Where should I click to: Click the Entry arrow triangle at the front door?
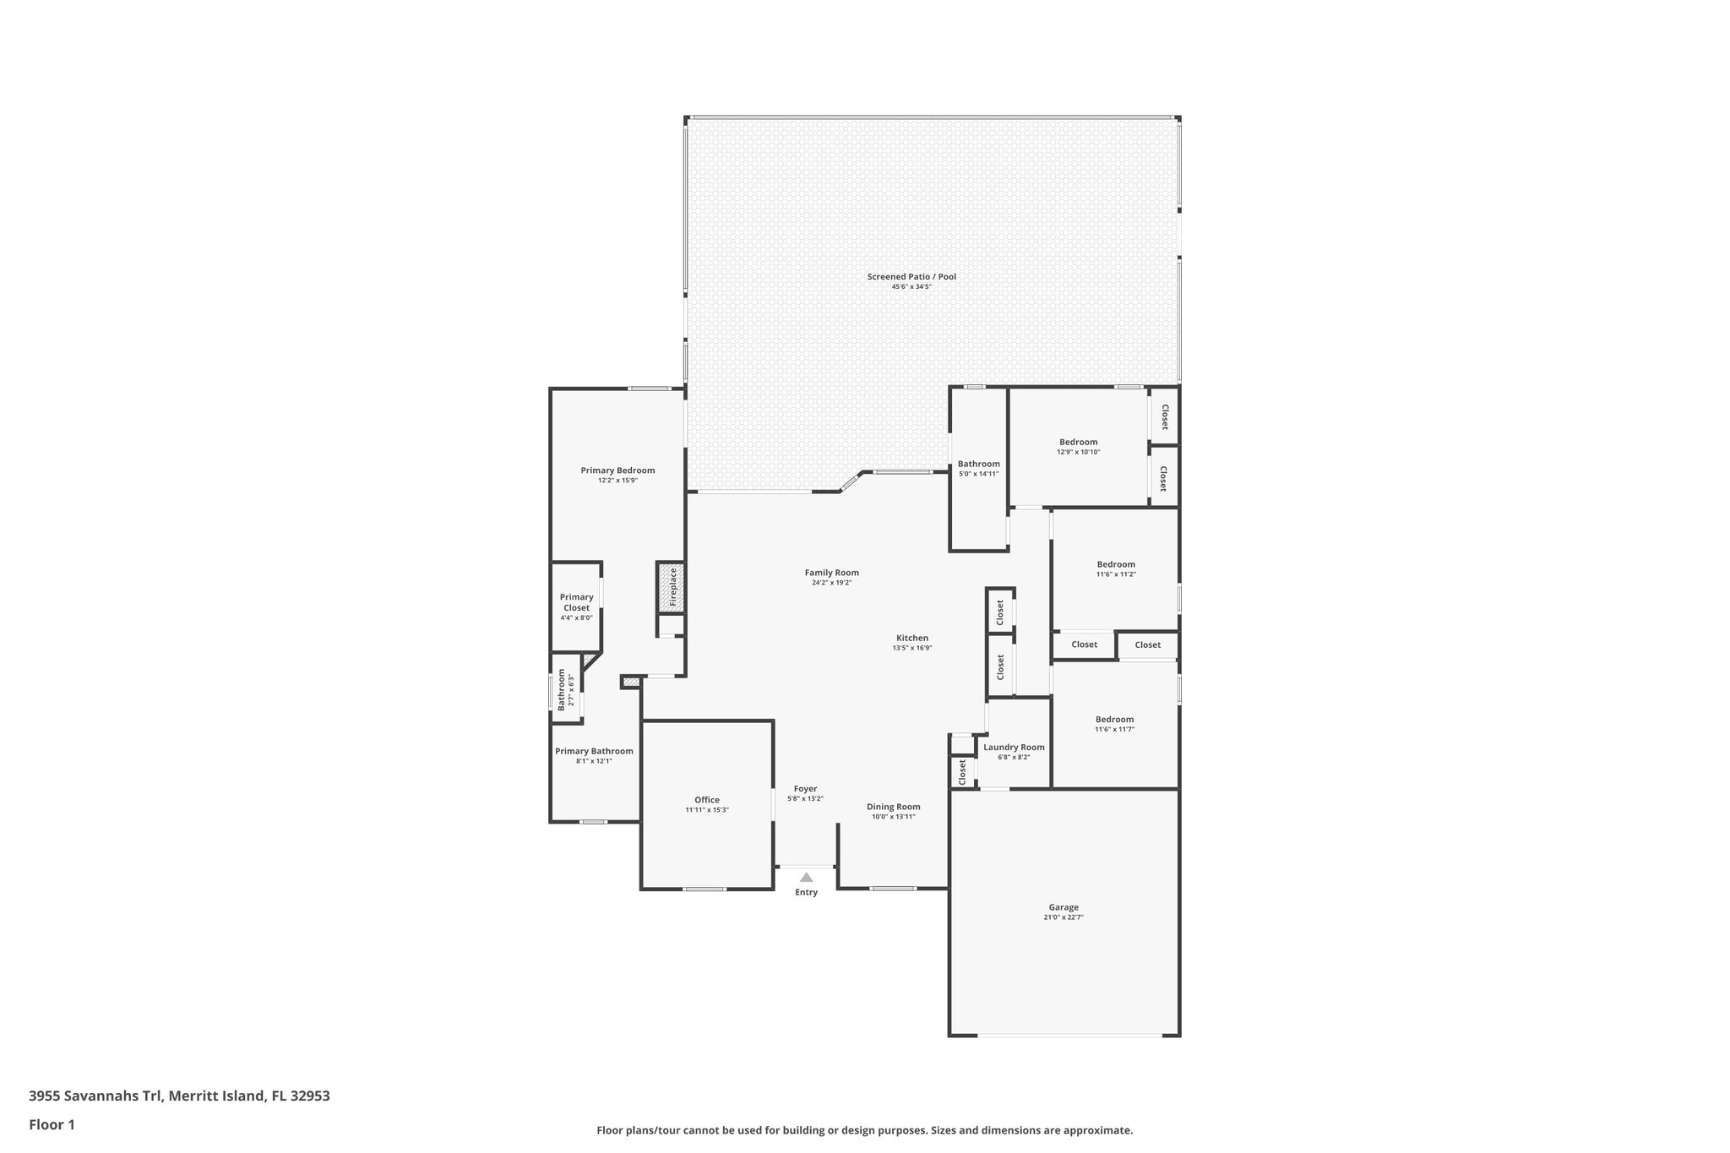(806, 878)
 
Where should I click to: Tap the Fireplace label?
(673, 587)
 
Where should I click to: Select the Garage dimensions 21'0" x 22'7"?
(1064, 917)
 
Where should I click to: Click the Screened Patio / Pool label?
(911, 276)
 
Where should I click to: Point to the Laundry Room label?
(1014, 747)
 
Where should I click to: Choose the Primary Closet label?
(577, 602)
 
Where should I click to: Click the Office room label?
(707, 800)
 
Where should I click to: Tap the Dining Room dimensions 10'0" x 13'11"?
(893, 817)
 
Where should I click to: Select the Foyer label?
(805, 789)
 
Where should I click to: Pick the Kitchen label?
(912, 638)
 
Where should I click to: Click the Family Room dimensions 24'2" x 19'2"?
(831, 583)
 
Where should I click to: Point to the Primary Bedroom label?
(617, 470)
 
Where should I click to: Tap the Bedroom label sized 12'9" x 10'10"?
(1079, 442)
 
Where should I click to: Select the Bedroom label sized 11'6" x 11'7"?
(1114, 719)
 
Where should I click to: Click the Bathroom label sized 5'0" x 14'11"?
(978, 464)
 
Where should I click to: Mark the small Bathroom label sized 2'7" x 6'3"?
(562, 690)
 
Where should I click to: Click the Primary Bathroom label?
(594, 751)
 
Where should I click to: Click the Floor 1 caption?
(52, 1125)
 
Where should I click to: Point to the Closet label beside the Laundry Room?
(962, 771)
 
